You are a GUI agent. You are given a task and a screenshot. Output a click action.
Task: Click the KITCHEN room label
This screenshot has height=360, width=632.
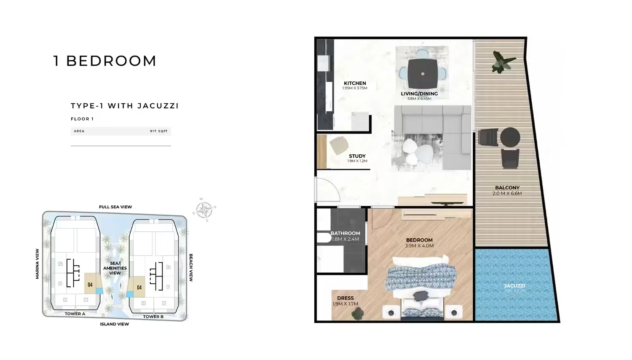click(355, 83)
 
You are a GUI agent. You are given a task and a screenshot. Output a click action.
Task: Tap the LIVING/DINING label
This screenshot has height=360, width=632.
click(419, 94)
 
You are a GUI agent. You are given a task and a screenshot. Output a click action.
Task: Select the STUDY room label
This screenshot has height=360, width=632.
click(357, 156)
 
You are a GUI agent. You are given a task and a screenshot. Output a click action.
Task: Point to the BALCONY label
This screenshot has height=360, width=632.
click(507, 188)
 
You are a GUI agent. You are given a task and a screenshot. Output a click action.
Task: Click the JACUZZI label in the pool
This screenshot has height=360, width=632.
click(514, 286)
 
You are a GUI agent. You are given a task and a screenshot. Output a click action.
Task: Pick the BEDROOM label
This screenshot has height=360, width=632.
click(419, 240)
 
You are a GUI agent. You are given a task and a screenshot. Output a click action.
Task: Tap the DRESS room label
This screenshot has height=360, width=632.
click(345, 298)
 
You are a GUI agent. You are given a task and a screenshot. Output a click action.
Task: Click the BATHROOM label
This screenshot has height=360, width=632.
click(345, 234)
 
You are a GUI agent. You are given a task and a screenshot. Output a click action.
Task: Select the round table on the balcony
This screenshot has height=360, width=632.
click(510, 137)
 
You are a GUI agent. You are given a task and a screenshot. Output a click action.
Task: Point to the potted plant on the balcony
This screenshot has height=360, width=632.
click(503, 62)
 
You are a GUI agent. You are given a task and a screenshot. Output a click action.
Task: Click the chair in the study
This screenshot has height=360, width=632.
click(338, 146)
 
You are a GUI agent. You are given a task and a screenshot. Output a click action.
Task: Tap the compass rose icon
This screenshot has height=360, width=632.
click(204, 210)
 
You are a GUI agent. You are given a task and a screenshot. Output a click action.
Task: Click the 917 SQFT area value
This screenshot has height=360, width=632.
click(159, 131)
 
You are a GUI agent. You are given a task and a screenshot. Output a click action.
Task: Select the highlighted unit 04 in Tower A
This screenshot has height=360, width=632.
click(90, 284)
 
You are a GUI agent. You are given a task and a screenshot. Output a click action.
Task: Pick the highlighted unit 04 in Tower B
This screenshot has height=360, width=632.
click(139, 287)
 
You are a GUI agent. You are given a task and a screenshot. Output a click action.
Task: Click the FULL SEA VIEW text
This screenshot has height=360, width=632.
click(115, 207)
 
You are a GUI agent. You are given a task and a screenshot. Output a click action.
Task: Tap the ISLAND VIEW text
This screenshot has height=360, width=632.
click(114, 324)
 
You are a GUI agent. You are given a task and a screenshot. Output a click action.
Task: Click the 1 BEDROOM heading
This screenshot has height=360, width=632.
click(105, 61)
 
